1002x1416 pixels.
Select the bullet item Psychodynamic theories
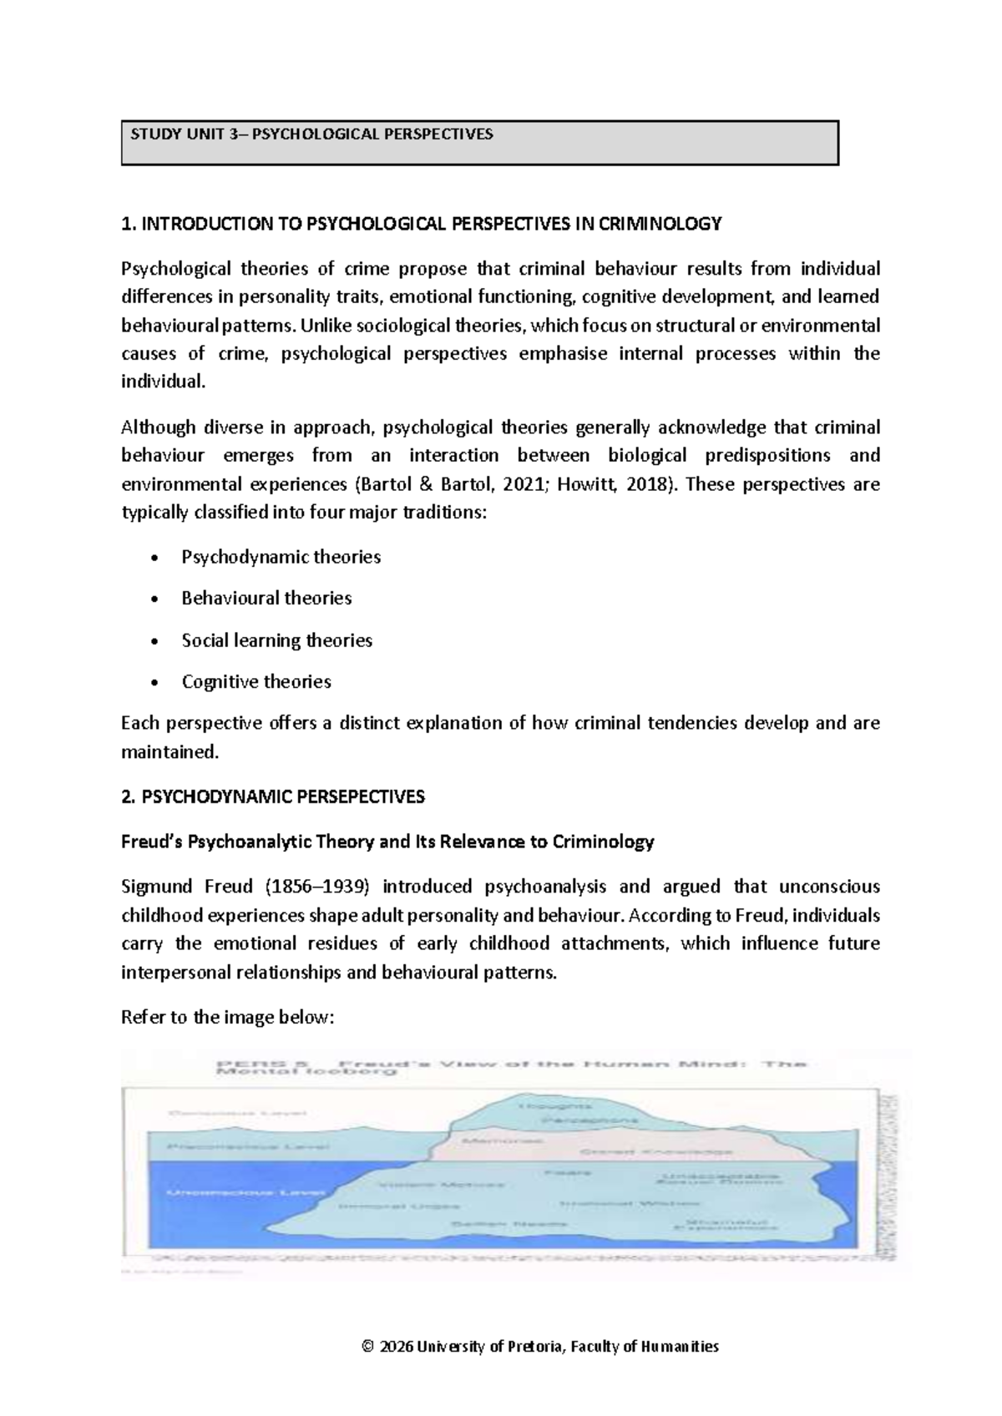pos(281,557)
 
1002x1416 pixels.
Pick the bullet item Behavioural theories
pos(266,599)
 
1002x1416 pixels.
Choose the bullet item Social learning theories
pos(276,640)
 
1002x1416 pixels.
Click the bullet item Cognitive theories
pos(256,682)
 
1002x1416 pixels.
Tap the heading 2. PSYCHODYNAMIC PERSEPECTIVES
pos(273,796)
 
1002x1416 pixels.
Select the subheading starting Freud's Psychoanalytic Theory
pos(387,842)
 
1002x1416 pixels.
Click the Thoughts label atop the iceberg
pos(544,1106)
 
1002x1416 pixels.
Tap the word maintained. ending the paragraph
pos(170,752)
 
